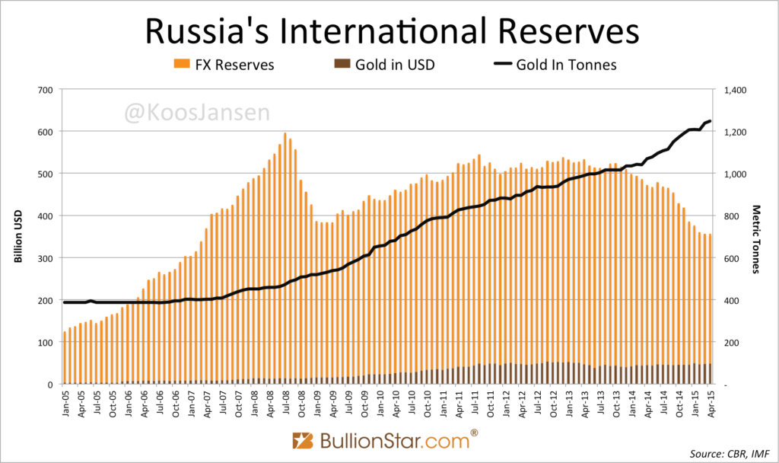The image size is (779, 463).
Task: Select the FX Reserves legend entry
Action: click(x=224, y=64)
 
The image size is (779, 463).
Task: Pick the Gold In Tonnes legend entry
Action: click(x=555, y=64)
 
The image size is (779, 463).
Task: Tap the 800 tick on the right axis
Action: click(x=733, y=216)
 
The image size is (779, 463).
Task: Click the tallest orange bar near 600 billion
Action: click(x=285, y=259)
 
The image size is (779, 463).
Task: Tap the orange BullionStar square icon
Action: click(x=303, y=440)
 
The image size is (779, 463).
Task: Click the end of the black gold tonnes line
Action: click(x=710, y=121)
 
